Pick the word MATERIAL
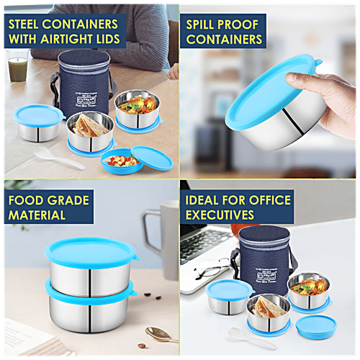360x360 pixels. tap(37, 214)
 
